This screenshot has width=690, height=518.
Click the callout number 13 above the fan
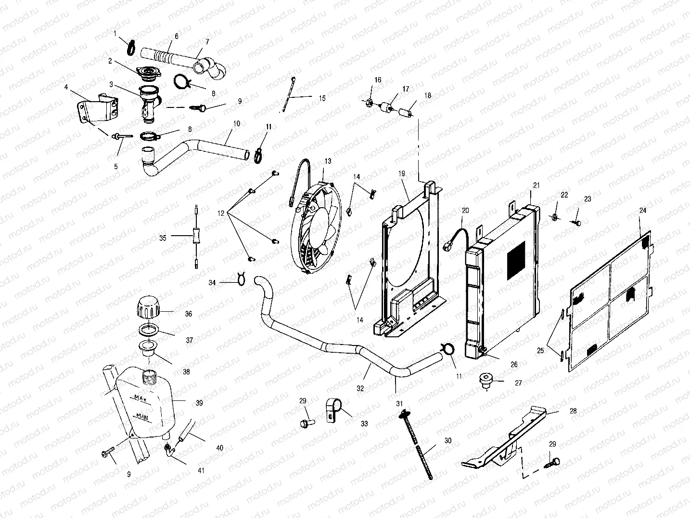(328, 161)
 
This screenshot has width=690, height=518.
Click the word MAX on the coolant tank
(141, 398)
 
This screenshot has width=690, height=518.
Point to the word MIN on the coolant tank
(142, 416)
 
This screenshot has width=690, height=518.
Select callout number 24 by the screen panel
(643, 211)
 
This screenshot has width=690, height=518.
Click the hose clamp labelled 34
(242, 279)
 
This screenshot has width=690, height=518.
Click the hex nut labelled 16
(371, 102)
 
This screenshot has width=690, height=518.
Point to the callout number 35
(163, 238)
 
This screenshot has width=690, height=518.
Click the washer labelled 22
(555, 217)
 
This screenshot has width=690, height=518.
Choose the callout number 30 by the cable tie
(447, 440)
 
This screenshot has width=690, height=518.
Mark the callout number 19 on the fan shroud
(402, 173)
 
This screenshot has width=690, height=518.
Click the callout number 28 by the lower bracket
(573, 411)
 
